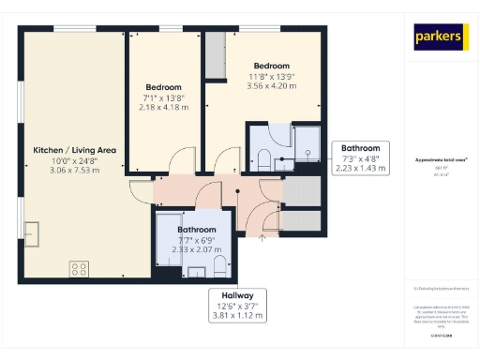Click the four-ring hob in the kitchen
pyautogui.click(x=80, y=269)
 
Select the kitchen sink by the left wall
pyautogui.click(x=33, y=232)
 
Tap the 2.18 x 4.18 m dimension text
pyautogui.click(x=163, y=107)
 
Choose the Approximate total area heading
pyautogui.click(x=439, y=160)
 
